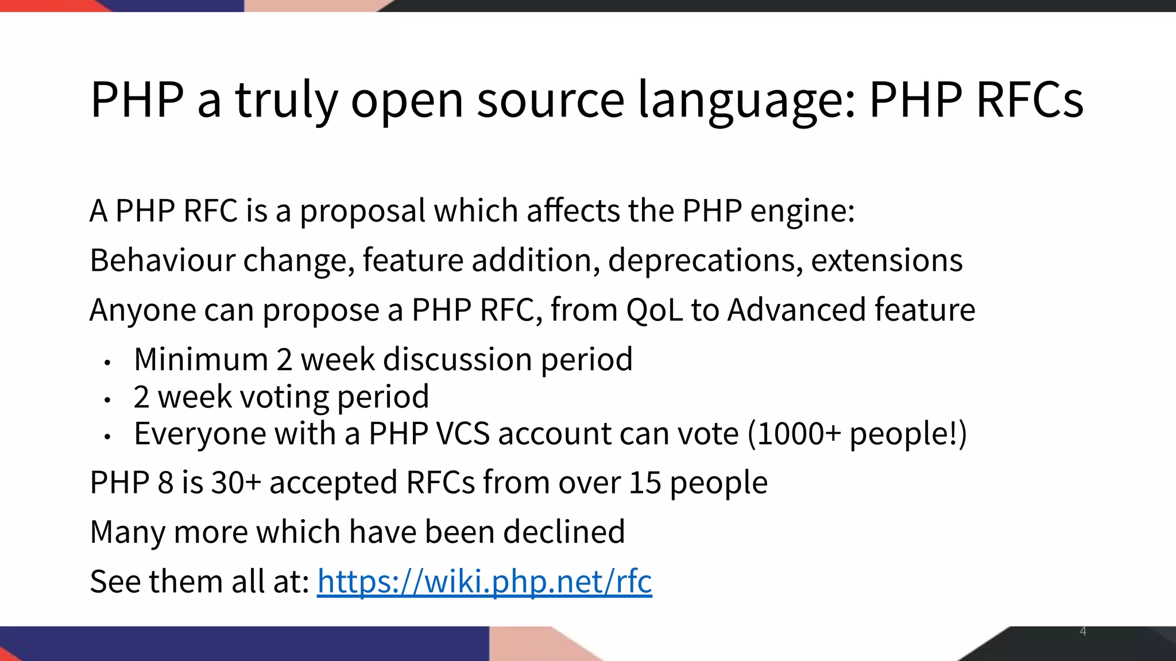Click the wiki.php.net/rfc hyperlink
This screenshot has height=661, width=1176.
pos(484,581)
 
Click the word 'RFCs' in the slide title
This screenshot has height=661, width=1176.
pos(1030,100)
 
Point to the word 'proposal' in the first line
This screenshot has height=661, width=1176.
pos(362,212)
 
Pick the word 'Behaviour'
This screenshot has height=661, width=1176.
pos(163,260)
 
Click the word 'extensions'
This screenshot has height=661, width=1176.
pos(887,260)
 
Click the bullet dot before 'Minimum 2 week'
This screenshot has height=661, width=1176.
pos(107,363)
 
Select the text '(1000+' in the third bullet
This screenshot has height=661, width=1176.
pos(794,434)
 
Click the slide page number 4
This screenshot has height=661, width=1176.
pos(1083,632)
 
